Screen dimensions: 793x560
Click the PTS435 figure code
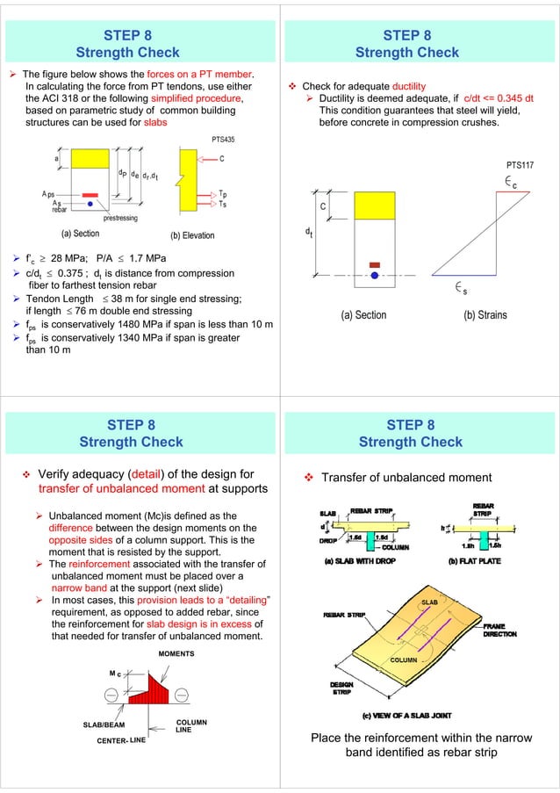tap(223, 140)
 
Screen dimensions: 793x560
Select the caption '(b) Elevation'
tap(192, 235)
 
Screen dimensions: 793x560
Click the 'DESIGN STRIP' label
tap(342, 688)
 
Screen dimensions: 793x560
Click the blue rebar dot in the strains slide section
tap(375, 274)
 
